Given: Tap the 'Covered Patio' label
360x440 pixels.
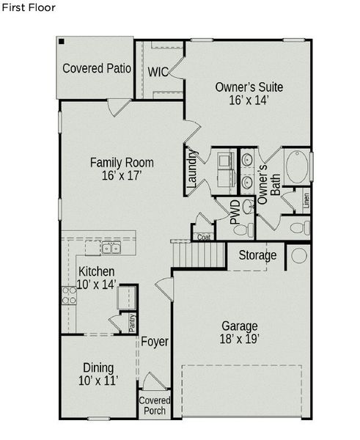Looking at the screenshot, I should (97, 69).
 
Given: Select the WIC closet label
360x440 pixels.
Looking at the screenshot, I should (158, 72).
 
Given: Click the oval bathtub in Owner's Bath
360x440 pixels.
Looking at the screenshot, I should (297, 168).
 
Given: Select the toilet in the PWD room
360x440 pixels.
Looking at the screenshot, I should (240, 227).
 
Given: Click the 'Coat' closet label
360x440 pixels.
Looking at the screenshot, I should (202, 236).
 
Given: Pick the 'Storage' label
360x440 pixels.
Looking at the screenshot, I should (257, 255).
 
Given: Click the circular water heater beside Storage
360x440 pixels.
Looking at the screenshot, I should (300, 256).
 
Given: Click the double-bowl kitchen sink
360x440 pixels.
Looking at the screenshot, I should (111, 248).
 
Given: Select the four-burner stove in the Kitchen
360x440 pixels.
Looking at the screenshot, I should (68, 295).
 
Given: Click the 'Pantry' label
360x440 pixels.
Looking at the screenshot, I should (133, 323).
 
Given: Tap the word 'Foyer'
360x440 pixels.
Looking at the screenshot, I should (155, 342).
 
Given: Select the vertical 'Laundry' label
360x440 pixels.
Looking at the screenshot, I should (192, 168).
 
